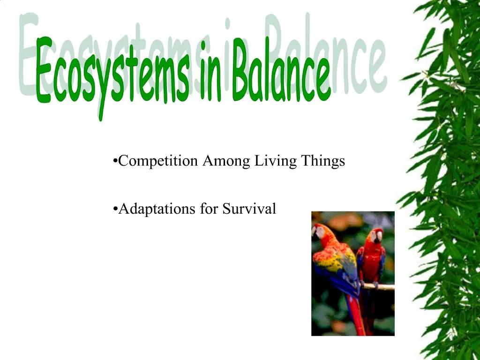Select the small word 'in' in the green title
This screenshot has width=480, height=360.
(x=210, y=73)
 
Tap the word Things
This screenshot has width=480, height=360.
(x=323, y=161)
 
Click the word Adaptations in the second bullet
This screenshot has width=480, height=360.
(x=157, y=209)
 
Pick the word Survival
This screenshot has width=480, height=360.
(x=249, y=209)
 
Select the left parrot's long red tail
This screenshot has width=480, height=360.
(x=356, y=316)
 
